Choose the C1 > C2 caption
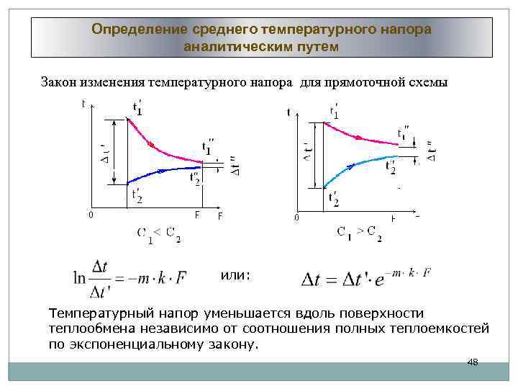pos(359,232)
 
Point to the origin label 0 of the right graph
pos(294,218)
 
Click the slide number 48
pos(473,362)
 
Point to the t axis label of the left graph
pos(83,104)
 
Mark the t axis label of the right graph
pos(288,112)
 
